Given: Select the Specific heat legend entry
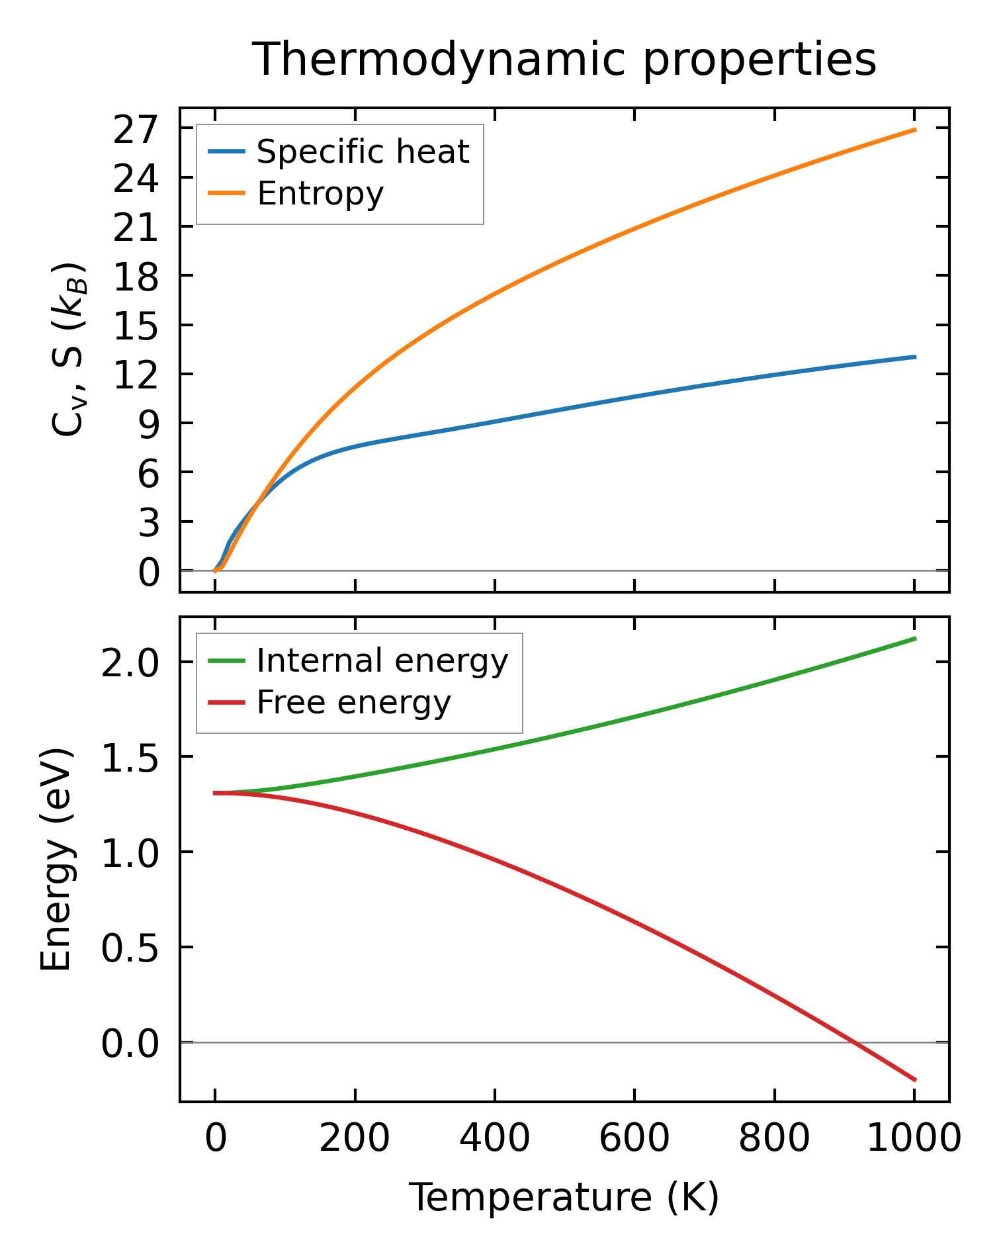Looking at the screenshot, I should pos(363,152).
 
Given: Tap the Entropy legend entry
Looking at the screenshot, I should pos(320,194).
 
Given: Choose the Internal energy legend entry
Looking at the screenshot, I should pos(382,661).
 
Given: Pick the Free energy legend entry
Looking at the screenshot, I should pos(353,703).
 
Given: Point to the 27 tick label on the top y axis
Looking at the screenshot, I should pos(136,130).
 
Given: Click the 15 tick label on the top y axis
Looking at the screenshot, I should pos(136,326).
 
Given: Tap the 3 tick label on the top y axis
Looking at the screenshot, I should pos(149,522).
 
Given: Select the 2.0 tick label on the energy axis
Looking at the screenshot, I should pos(130,662).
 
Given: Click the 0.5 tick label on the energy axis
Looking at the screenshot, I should pos(130,948).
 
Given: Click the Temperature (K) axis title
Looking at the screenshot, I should pos(564,1198).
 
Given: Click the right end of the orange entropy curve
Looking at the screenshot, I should pos(915,130).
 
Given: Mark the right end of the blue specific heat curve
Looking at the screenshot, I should pos(915,357).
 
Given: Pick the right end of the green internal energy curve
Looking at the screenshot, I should pos(915,638).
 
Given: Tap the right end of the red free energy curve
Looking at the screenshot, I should pos(915,1080).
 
